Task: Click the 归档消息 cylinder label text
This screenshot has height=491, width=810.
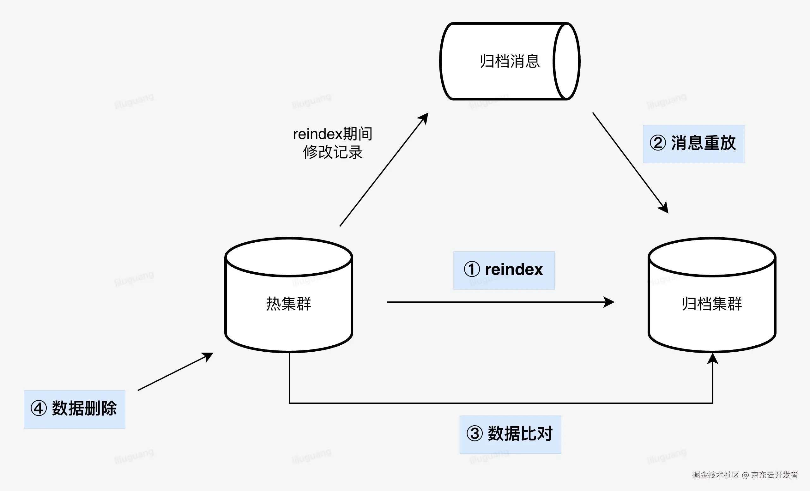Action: point(509,62)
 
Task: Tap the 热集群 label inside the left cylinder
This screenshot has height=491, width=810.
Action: point(288,303)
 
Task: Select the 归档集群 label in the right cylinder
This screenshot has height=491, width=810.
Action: point(712,303)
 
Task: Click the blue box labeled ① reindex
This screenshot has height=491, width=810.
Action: point(504,270)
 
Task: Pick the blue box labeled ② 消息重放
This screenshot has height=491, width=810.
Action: point(693,144)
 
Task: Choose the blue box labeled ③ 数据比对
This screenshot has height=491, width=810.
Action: point(510,434)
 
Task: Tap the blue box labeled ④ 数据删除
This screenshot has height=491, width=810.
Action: point(74,409)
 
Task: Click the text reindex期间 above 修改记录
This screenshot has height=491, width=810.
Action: point(332,134)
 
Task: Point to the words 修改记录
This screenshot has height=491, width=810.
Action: point(332,152)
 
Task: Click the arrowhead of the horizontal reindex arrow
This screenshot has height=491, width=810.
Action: point(610,302)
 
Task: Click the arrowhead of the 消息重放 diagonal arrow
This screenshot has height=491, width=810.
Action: point(664,208)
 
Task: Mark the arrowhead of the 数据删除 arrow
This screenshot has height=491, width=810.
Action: point(209,356)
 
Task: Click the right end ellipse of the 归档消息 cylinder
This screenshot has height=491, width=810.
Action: point(566,61)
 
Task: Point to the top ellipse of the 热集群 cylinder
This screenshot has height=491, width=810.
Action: point(288,257)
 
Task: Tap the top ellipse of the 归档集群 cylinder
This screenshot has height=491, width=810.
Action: point(712,257)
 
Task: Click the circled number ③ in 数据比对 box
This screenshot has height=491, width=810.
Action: point(475,433)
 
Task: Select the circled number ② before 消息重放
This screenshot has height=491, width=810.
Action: point(658,143)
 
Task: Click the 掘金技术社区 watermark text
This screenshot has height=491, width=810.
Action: point(715,475)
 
